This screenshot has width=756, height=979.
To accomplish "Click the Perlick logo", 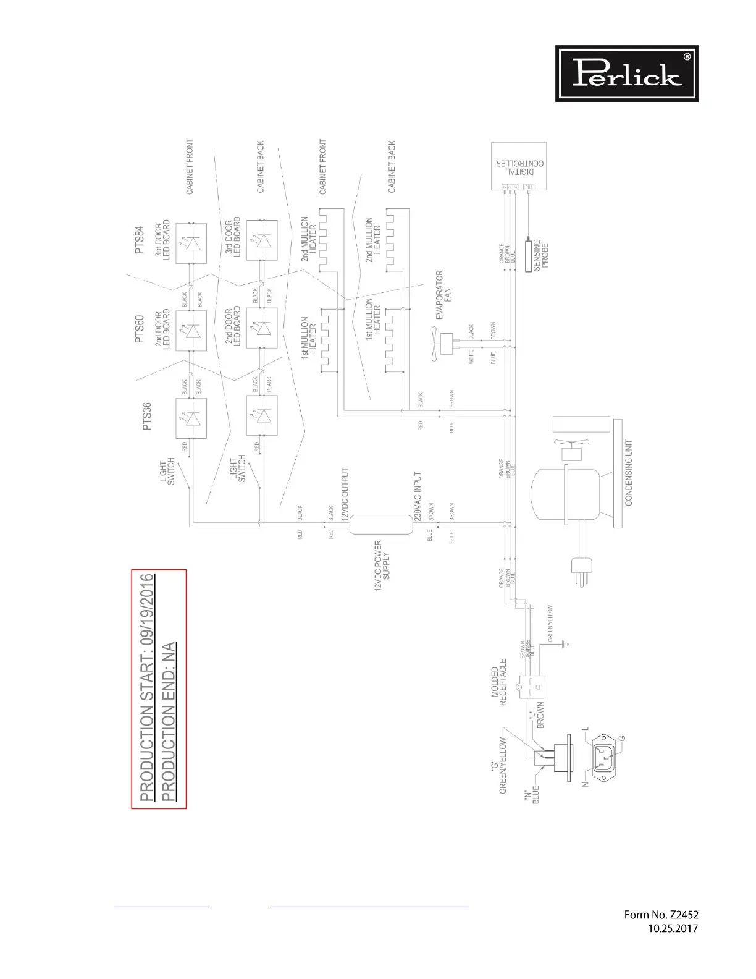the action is (626, 73).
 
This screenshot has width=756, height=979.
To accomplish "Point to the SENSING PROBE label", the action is (541, 255).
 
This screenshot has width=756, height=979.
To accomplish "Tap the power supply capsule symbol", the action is (381, 525).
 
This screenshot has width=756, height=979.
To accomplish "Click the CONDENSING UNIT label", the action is (629, 473).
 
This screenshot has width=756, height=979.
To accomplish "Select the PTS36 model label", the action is (148, 417).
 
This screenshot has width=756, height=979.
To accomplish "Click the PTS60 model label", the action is (139, 329).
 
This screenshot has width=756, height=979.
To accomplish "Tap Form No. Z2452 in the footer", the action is (661, 915).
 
